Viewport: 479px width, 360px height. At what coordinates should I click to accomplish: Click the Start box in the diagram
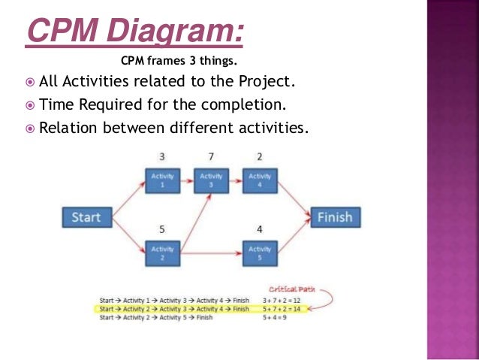(x=86, y=218)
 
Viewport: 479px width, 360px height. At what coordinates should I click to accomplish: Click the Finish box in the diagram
(x=335, y=218)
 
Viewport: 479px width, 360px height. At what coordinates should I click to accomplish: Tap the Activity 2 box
(x=161, y=253)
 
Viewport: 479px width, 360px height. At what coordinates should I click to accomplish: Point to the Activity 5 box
(x=260, y=253)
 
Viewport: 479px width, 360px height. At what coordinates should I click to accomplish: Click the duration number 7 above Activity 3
(x=211, y=157)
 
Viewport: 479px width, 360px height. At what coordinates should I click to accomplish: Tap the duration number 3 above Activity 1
(x=161, y=157)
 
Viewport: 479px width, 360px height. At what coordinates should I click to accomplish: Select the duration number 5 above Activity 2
(x=161, y=228)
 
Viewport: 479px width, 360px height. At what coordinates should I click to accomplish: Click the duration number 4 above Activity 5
(x=260, y=228)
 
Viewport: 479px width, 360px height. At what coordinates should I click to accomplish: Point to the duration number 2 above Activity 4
(x=260, y=157)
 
